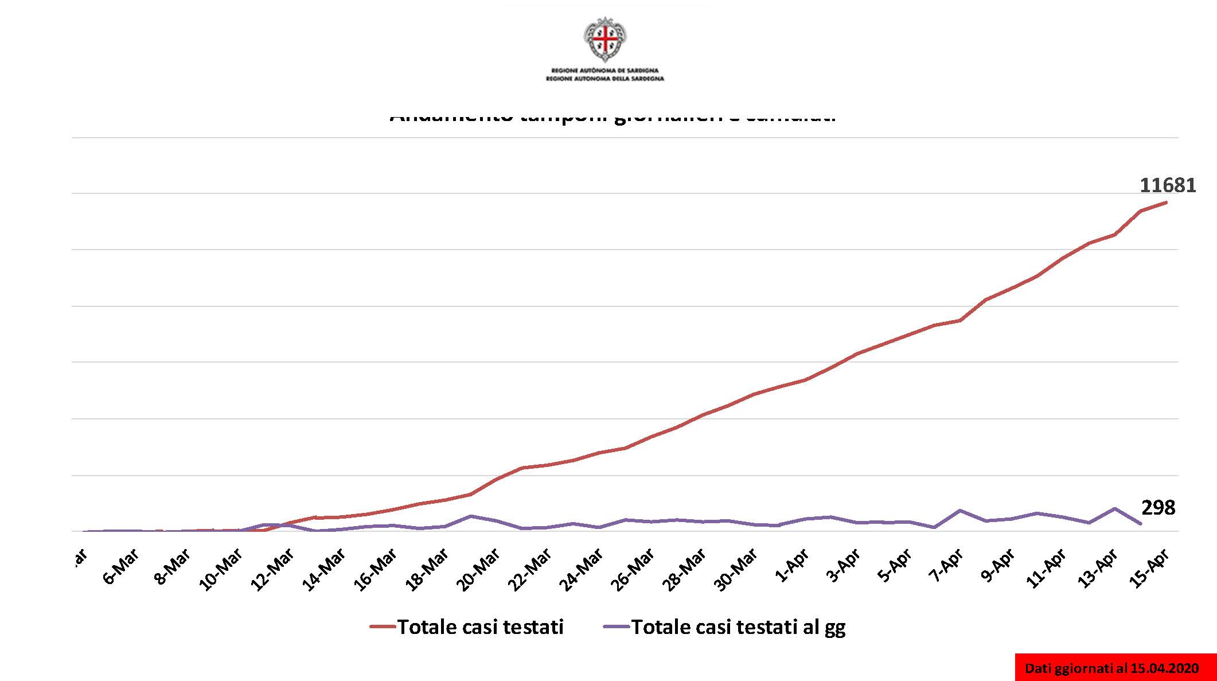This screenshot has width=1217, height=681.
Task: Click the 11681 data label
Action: tap(1168, 185)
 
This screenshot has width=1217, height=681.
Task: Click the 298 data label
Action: tap(1158, 508)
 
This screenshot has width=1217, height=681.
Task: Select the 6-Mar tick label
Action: tap(121, 566)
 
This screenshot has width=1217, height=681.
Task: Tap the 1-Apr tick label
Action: tap(792, 566)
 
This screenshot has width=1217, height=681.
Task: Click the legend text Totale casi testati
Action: tap(480, 627)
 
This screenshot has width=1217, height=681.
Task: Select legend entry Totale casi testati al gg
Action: tap(738, 627)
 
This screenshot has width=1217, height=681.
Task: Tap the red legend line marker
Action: tap(383, 627)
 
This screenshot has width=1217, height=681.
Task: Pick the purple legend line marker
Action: tap(617, 627)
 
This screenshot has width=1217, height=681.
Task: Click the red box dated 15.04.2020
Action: tap(1115, 667)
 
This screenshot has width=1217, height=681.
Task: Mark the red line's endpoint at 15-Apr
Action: tap(1167, 202)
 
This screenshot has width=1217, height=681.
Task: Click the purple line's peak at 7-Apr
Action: tap(960, 510)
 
